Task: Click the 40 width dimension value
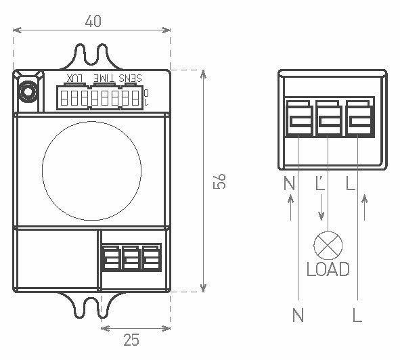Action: (93, 21)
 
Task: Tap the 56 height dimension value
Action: (219, 181)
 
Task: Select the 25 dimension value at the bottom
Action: (131, 340)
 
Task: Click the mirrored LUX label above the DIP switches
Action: (74, 78)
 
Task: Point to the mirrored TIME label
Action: (104, 78)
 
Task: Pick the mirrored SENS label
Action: (130, 78)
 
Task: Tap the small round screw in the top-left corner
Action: (28, 91)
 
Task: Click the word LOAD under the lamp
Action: (328, 269)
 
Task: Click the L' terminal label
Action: (320, 183)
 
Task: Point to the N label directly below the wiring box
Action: (289, 183)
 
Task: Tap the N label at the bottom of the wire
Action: (298, 315)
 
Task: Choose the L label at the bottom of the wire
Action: (357, 315)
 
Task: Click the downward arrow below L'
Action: (321, 207)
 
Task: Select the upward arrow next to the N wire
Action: (290, 207)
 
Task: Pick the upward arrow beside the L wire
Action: (365, 207)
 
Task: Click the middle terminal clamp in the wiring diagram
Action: (329, 119)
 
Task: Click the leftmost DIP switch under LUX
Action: (64, 97)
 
